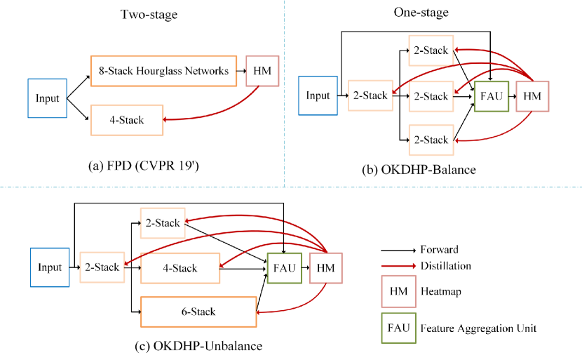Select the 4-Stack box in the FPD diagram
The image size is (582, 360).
point(126,120)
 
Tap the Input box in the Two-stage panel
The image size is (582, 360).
point(47,98)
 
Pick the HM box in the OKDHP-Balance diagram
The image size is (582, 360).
point(532,95)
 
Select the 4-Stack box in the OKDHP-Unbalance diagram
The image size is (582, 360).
point(180,267)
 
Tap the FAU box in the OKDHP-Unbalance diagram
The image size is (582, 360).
point(283,267)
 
